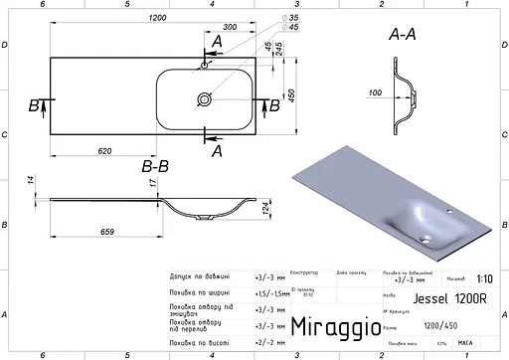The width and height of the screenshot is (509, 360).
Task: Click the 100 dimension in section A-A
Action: point(376,93)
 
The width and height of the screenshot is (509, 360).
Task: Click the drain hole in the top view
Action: point(205,99)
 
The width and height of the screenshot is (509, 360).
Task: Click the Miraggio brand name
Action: point(334,326)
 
